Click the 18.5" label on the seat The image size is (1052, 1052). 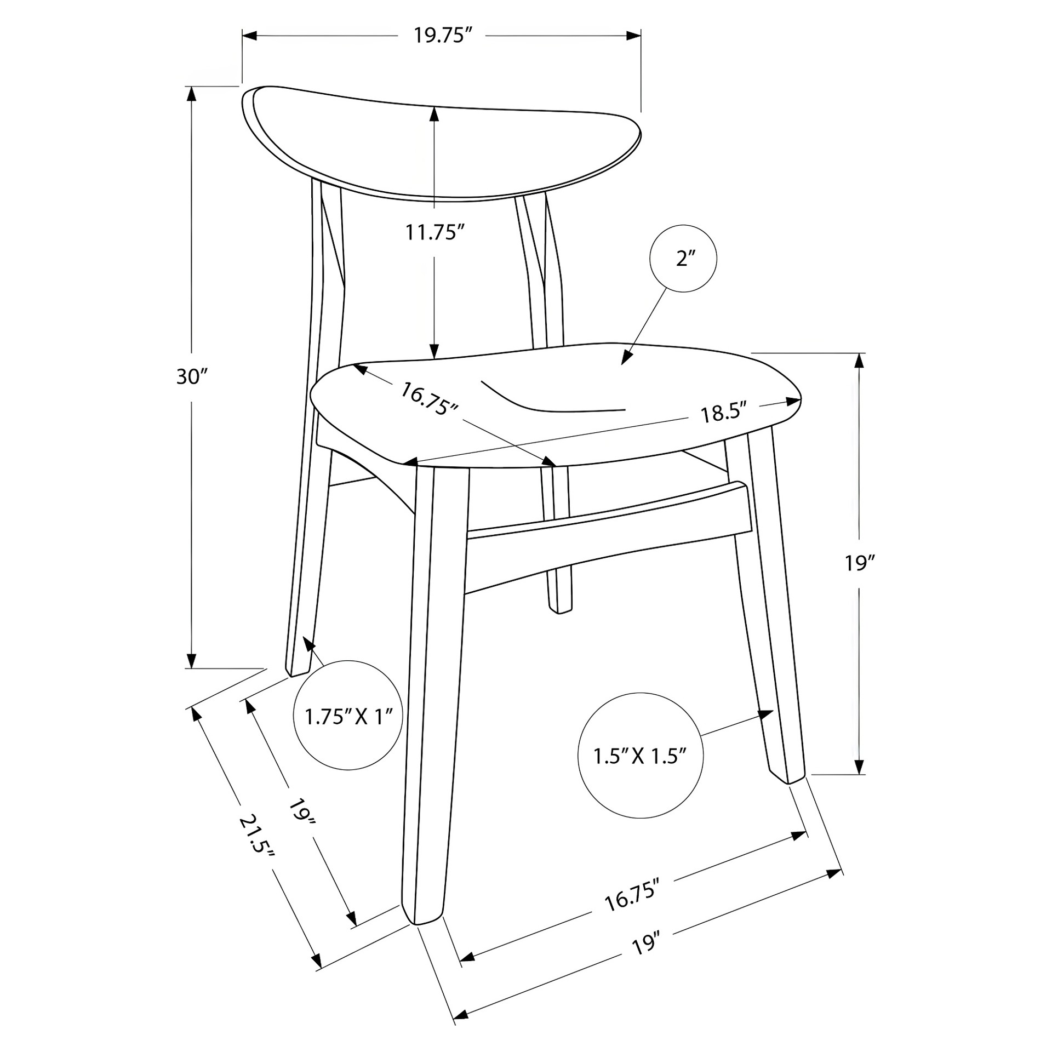pos(724,413)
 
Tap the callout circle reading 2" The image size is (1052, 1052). pos(683,258)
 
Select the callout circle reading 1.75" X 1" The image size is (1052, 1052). pos(349,716)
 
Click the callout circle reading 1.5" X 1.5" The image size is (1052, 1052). pos(641,756)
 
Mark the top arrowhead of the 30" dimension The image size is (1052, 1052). pos(191,94)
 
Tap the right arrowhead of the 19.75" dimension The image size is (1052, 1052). pos(634,36)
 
